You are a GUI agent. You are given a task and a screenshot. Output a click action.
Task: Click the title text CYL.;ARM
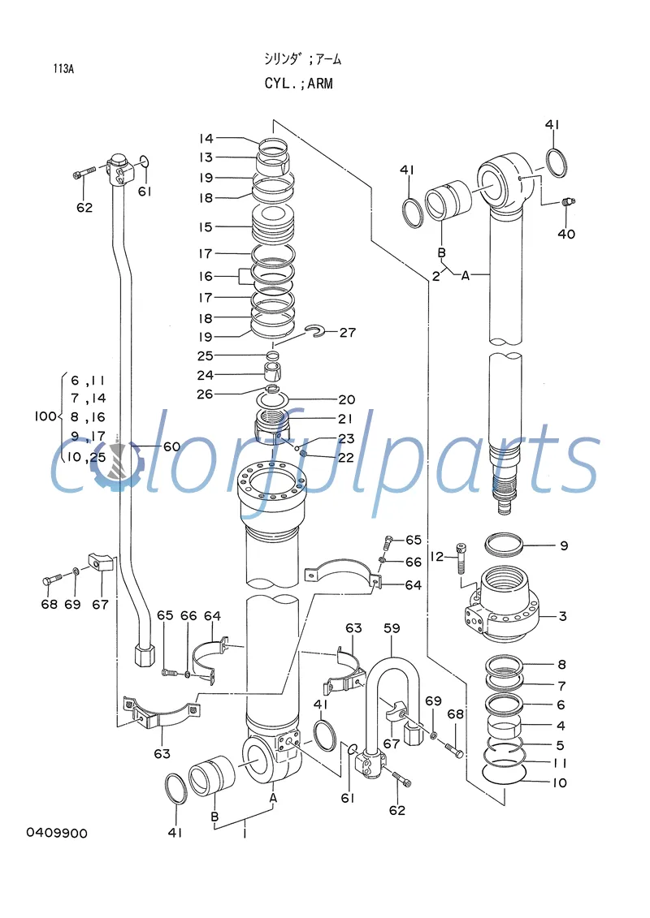[x=298, y=84]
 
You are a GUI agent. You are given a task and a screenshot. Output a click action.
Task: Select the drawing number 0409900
[x=57, y=834]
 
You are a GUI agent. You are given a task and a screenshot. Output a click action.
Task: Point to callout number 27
[x=348, y=332]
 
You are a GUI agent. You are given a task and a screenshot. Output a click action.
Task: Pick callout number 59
[x=392, y=627]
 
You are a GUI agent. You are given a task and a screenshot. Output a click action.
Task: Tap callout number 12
[x=437, y=556]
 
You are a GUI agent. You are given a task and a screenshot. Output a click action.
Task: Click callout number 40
[x=566, y=234]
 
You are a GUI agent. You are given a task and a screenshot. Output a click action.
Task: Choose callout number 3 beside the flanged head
[x=562, y=616]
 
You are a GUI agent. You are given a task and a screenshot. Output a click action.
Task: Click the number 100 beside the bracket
[x=45, y=416]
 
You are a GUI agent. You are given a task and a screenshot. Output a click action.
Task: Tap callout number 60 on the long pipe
[x=171, y=446]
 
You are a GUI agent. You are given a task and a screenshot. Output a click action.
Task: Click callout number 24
[x=205, y=375]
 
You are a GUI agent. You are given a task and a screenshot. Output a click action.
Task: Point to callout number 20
[x=347, y=399]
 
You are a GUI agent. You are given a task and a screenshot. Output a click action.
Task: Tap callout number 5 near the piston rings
[x=561, y=744]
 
